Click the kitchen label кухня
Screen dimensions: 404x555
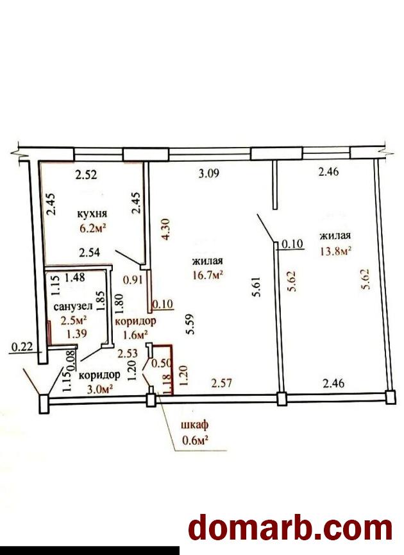click(x=92, y=214)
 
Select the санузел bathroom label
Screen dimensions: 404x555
click(x=73, y=307)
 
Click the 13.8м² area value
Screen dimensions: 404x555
click(x=335, y=251)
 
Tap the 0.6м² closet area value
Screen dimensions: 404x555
click(x=194, y=440)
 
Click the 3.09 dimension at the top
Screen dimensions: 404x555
click(x=209, y=173)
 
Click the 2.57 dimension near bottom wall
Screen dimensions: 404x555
click(x=221, y=382)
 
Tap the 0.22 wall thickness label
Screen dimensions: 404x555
click(x=22, y=347)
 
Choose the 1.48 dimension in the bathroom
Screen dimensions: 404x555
click(x=75, y=277)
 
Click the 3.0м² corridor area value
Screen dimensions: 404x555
click(x=100, y=389)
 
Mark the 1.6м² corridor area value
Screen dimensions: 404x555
click(x=135, y=334)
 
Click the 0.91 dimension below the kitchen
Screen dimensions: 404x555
click(x=133, y=280)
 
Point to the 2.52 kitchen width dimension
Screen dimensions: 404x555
click(x=87, y=175)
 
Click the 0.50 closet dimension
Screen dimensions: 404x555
click(x=162, y=363)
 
